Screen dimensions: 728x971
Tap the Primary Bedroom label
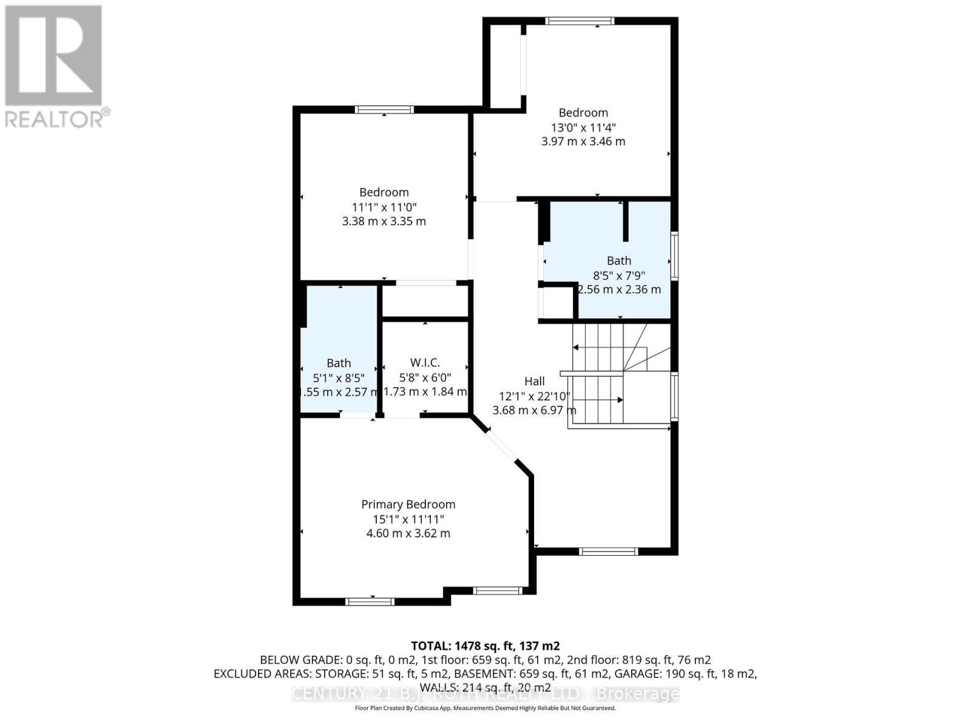408,504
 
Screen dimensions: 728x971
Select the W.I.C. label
425,363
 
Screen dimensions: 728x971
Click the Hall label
534,381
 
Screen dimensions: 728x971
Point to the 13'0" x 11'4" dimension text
583,127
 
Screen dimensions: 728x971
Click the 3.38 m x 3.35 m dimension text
384,221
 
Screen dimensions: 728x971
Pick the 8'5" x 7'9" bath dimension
619,275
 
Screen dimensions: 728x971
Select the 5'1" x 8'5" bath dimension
339,377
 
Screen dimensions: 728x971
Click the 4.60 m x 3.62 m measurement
408,533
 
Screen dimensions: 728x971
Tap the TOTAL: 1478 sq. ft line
485,645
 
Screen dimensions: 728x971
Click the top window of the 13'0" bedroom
580,21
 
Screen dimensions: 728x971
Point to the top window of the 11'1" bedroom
384,110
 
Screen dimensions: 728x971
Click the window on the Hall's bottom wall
608,551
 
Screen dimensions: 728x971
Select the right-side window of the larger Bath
674,255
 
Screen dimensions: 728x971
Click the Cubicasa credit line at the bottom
485,708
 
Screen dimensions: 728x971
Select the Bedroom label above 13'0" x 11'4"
583,112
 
